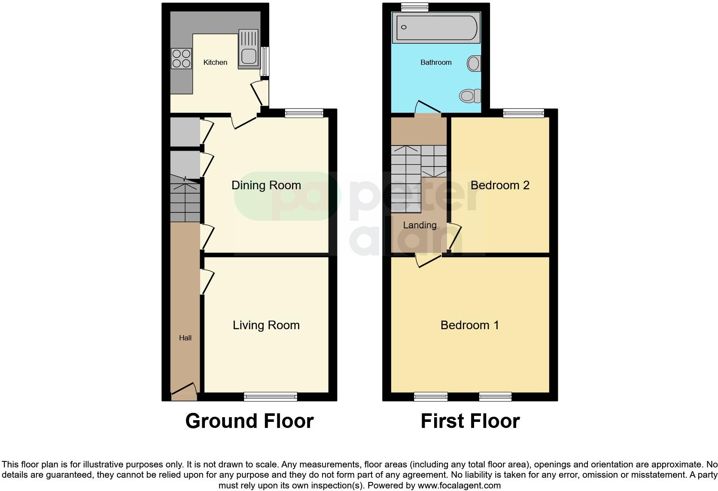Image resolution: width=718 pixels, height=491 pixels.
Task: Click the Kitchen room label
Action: point(215,63)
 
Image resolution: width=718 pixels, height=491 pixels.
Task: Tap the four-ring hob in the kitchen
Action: point(181,59)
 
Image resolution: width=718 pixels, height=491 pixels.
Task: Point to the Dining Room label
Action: point(266,185)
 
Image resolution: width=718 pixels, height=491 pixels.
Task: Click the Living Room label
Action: point(266,325)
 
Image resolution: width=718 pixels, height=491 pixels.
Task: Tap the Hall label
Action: point(185,338)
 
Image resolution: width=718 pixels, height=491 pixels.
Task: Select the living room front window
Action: point(271,397)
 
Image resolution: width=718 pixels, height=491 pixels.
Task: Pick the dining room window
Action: point(304,113)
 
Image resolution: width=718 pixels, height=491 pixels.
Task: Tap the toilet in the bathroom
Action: point(471,95)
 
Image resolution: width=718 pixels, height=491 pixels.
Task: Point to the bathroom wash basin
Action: point(474,64)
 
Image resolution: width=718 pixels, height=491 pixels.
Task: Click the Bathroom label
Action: point(436,63)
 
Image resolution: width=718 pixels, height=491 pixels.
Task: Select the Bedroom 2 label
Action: point(500,185)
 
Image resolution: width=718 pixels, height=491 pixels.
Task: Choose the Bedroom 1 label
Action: point(470,325)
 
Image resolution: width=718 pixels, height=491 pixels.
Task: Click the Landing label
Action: point(420,225)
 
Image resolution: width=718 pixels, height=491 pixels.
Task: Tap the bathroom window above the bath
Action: point(414,7)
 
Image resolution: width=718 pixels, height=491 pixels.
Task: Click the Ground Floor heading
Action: point(249,421)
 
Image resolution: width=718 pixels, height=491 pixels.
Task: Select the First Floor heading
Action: point(470,421)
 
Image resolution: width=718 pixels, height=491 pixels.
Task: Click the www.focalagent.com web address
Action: point(459,486)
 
